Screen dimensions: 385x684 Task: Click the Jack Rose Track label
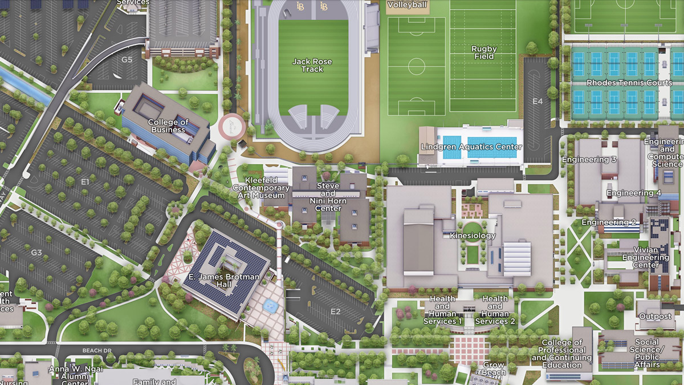click(312, 65)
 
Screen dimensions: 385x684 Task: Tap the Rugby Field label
click(484, 52)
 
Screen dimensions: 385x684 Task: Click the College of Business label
click(168, 125)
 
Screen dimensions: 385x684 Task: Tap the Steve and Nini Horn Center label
click(328, 197)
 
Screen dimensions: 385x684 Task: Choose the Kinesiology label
click(473, 236)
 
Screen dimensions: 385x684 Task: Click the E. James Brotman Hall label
click(224, 281)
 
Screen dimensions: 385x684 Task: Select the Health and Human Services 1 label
click(443, 310)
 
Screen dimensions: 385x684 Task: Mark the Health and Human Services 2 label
click(495, 310)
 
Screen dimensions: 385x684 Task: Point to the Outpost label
click(655, 317)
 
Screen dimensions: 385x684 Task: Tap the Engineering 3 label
click(589, 160)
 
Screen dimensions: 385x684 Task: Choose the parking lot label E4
click(538, 102)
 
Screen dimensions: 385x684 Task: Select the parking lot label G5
click(126, 59)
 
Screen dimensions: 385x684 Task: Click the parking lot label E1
click(85, 181)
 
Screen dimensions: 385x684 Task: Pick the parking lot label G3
click(36, 252)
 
